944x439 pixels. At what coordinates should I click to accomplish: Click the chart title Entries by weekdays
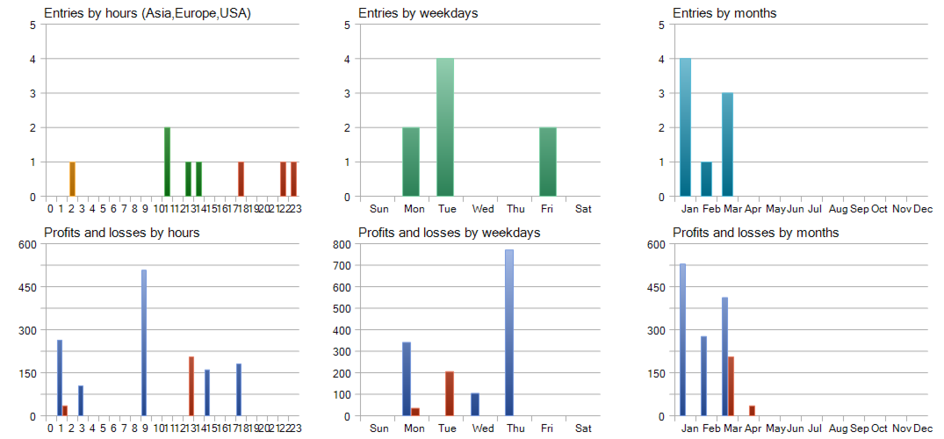pyautogui.click(x=418, y=13)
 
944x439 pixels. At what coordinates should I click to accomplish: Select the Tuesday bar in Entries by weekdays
pyautogui.click(x=445, y=127)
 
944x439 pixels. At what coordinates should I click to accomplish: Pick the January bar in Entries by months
pyautogui.click(x=685, y=127)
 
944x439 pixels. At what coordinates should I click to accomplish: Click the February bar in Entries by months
pyautogui.click(x=706, y=179)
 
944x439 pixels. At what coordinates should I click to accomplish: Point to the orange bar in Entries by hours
pyautogui.click(x=72, y=179)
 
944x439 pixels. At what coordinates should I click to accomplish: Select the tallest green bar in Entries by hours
pyautogui.click(x=167, y=162)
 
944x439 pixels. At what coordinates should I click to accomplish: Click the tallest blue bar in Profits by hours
pyautogui.click(x=144, y=342)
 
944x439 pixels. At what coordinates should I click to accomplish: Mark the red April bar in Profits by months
pyautogui.click(x=752, y=410)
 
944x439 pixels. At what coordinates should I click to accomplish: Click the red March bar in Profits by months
pyautogui.click(x=731, y=385)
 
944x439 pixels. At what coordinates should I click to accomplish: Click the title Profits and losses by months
pyautogui.click(x=755, y=233)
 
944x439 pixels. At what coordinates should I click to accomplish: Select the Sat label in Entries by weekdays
pyautogui.click(x=583, y=209)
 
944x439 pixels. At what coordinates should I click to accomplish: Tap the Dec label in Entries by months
pyautogui.click(x=923, y=209)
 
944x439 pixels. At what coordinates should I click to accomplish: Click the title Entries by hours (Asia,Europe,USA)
pyautogui.click(x=148, y=13)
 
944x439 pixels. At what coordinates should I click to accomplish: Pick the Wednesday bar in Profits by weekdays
pyautogui.click(x=475, y=404)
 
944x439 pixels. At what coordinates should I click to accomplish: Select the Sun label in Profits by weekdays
pyautogui.click(x=379, y=428)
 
